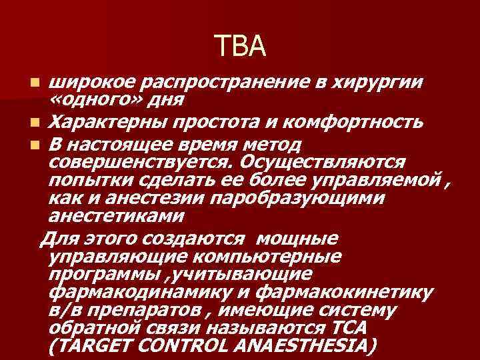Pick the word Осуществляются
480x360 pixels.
click(x=325, y=162)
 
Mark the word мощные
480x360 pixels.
click(x=297, y=239)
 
